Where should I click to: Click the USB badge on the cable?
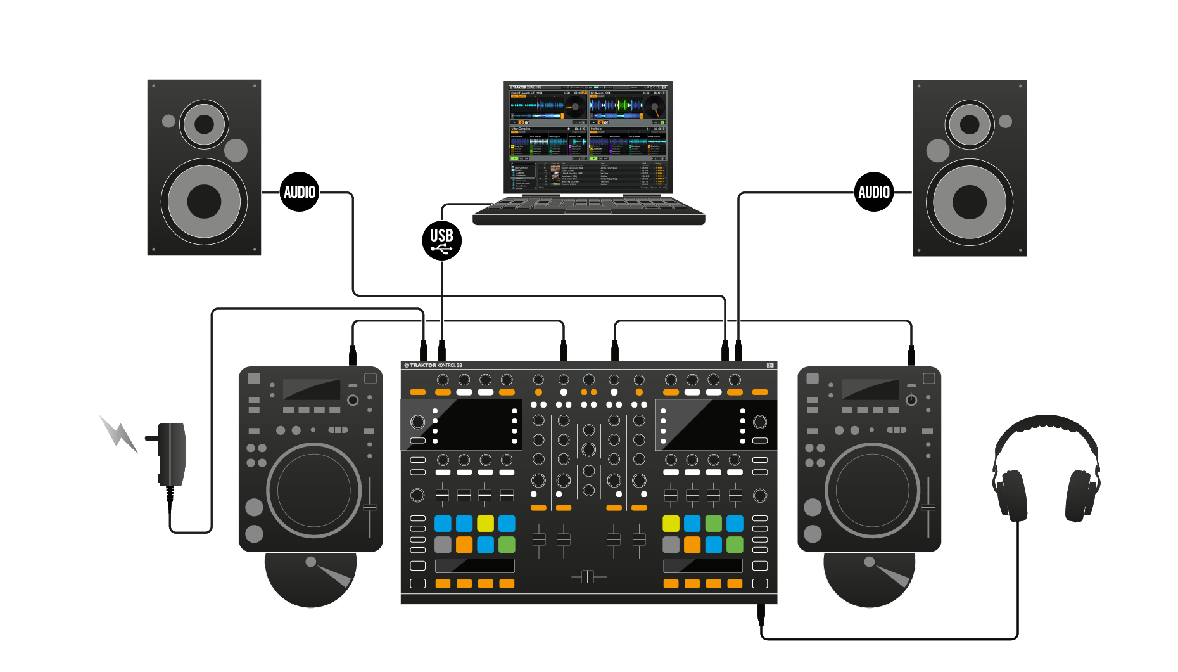point(441,240)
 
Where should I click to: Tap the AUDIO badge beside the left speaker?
point(299,191)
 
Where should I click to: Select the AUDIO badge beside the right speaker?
point(874,191)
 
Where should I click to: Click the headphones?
point(1046,469)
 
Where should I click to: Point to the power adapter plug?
point(171,453)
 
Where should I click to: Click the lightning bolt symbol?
point(118,434)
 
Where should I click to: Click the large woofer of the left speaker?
point(204,202)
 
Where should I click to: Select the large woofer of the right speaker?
point(970,202)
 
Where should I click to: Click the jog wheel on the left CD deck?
point(313,490)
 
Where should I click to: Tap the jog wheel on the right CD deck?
point(872,490)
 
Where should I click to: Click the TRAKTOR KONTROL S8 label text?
point(434,365)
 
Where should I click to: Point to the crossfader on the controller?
point(588,576)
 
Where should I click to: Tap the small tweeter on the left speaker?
point(204,124)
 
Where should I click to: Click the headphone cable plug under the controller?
point(761,613)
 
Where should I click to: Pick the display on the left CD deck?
point(311,389)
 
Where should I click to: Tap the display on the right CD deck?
point(870,389)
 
